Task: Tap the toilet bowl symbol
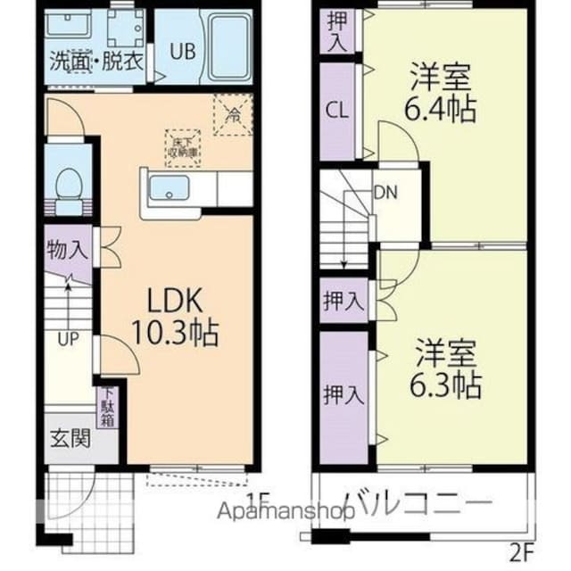click(x=68, y=187)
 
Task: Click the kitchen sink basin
click(x=167, y=189)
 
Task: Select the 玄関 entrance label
click(x=69, y=438)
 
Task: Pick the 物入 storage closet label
click(x=68, y=250)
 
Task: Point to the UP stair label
click(x=68, y=340)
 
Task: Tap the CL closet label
click(x=337, y=111)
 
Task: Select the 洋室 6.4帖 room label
click(x=441, y=93)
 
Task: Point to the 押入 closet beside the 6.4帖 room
click(x=337, y=30)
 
